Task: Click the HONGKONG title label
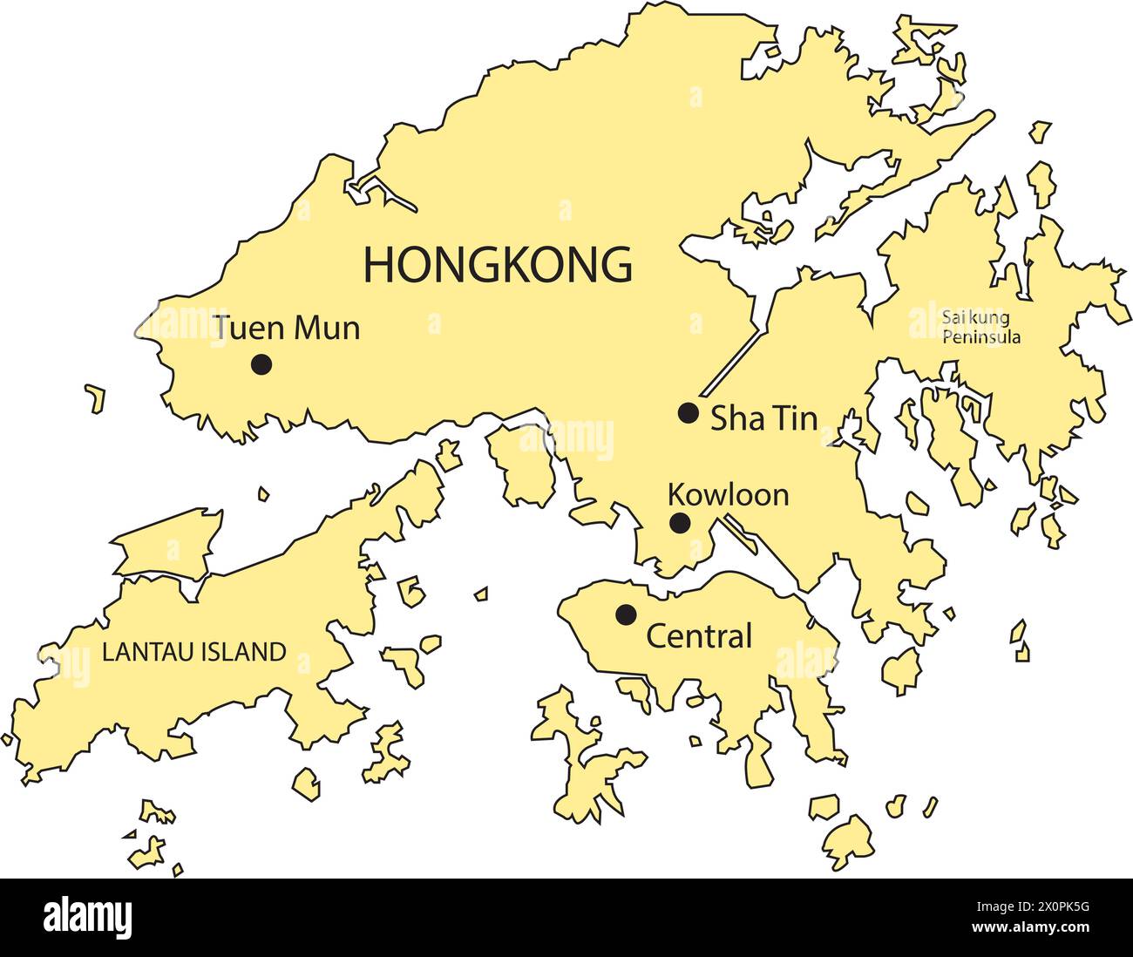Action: click(498, 264)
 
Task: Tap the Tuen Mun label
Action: click(288, 329)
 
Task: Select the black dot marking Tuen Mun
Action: click(260, 364)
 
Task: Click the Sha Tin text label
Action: click(764, 419)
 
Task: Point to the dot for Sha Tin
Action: click(689, 413)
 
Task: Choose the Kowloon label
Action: click(728, 495)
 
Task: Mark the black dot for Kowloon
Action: click(680, 524)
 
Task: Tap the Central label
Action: click(698, 636)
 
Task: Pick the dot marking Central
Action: click(625, 614)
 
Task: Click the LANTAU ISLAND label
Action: click(194, 652)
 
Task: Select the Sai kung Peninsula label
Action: click(980, 326)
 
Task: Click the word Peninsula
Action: click(981, 336)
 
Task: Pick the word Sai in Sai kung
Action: click(951, 316)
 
